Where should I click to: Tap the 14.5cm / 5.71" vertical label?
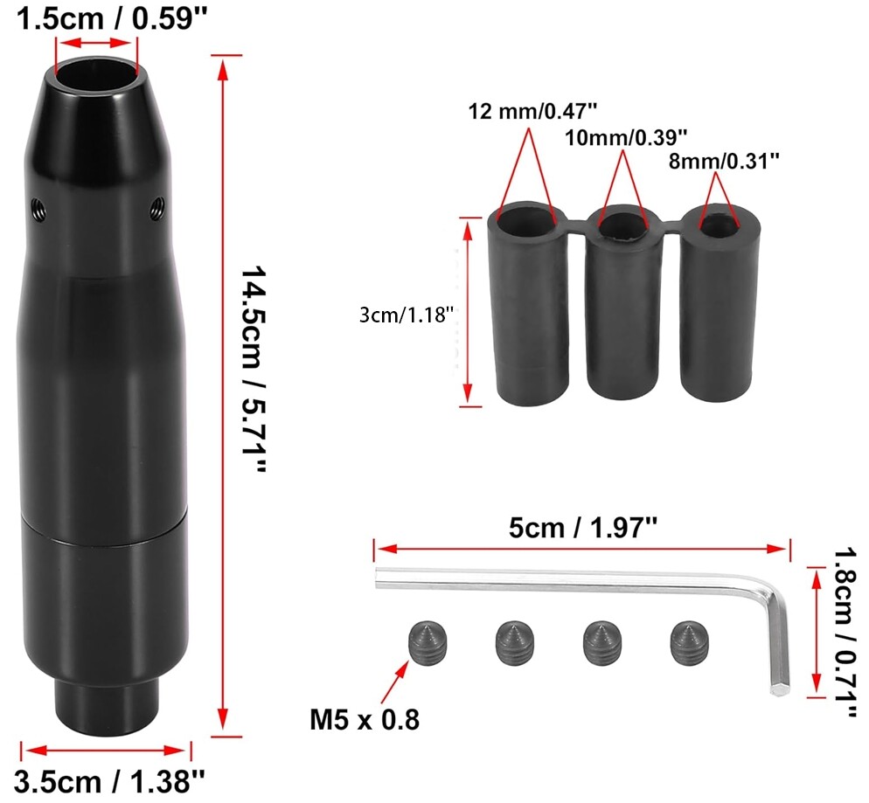(254, 370)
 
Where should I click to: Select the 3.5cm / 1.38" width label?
(109, 782)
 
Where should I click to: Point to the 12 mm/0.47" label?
(532, 111)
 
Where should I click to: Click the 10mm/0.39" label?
(626, 137)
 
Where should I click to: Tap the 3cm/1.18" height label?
(407, 315)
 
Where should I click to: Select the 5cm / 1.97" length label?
(583, 528)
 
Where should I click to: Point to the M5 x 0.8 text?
(364, 720)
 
